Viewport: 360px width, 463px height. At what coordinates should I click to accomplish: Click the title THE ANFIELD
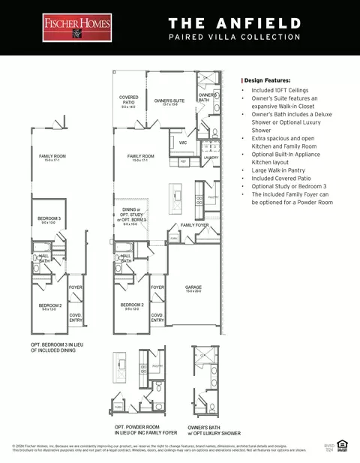coord(234,23)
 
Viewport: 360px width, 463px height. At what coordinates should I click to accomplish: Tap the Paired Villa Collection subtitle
coord(234,36)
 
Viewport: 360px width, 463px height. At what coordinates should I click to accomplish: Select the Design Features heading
coord(268,80)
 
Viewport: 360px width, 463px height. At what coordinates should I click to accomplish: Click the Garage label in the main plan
coord(194,289)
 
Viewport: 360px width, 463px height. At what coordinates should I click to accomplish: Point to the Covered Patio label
coord(129,101)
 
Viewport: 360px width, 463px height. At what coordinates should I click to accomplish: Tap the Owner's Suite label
coord(169,101)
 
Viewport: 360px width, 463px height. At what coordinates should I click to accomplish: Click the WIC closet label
coord(182,142)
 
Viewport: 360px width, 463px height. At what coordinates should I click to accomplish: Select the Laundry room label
coord(211,158)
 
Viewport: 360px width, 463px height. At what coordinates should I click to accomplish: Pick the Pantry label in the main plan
coord(213,197)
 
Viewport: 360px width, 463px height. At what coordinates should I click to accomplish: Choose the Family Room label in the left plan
coord(52,158)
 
